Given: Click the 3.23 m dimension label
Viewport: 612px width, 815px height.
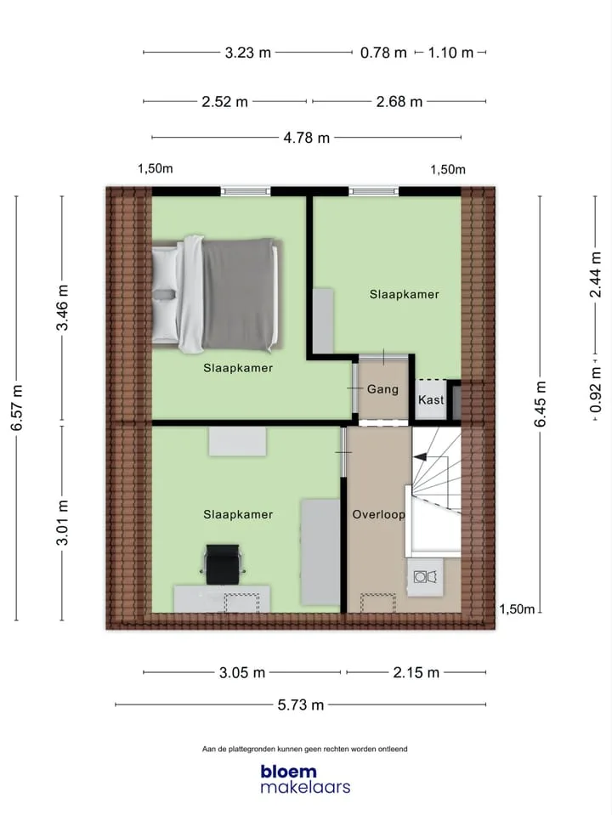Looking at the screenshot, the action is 248,53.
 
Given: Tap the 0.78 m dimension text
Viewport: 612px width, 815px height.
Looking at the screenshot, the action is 383,53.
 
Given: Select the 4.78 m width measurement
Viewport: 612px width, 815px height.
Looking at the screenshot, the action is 306,138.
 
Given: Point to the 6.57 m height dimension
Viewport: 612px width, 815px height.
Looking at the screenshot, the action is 17,408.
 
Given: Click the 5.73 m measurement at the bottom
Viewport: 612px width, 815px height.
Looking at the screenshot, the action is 301,705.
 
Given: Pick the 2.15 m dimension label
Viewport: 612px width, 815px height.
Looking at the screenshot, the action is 416,672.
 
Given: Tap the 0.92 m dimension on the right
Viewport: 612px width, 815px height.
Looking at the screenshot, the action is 596,390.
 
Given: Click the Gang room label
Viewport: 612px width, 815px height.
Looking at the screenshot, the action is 382,388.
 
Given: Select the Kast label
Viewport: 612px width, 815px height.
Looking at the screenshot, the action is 431,399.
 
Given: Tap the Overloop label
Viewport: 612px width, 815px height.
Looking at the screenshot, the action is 378,514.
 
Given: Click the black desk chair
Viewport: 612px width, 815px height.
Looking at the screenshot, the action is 223,564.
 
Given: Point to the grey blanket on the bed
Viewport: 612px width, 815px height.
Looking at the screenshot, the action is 238,294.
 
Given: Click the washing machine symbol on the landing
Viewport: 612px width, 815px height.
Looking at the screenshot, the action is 425,576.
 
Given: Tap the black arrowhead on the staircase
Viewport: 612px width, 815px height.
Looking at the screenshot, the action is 420,457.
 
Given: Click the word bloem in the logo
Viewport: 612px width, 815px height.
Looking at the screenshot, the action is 289,772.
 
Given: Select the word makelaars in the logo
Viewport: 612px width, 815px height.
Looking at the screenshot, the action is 305,787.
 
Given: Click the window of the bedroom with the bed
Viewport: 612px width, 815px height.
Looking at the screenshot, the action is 246,191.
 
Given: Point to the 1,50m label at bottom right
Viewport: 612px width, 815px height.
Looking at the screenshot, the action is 517,609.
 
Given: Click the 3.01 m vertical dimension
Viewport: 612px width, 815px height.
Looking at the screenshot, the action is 62,523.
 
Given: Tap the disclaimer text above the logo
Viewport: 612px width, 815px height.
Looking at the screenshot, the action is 304,749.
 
